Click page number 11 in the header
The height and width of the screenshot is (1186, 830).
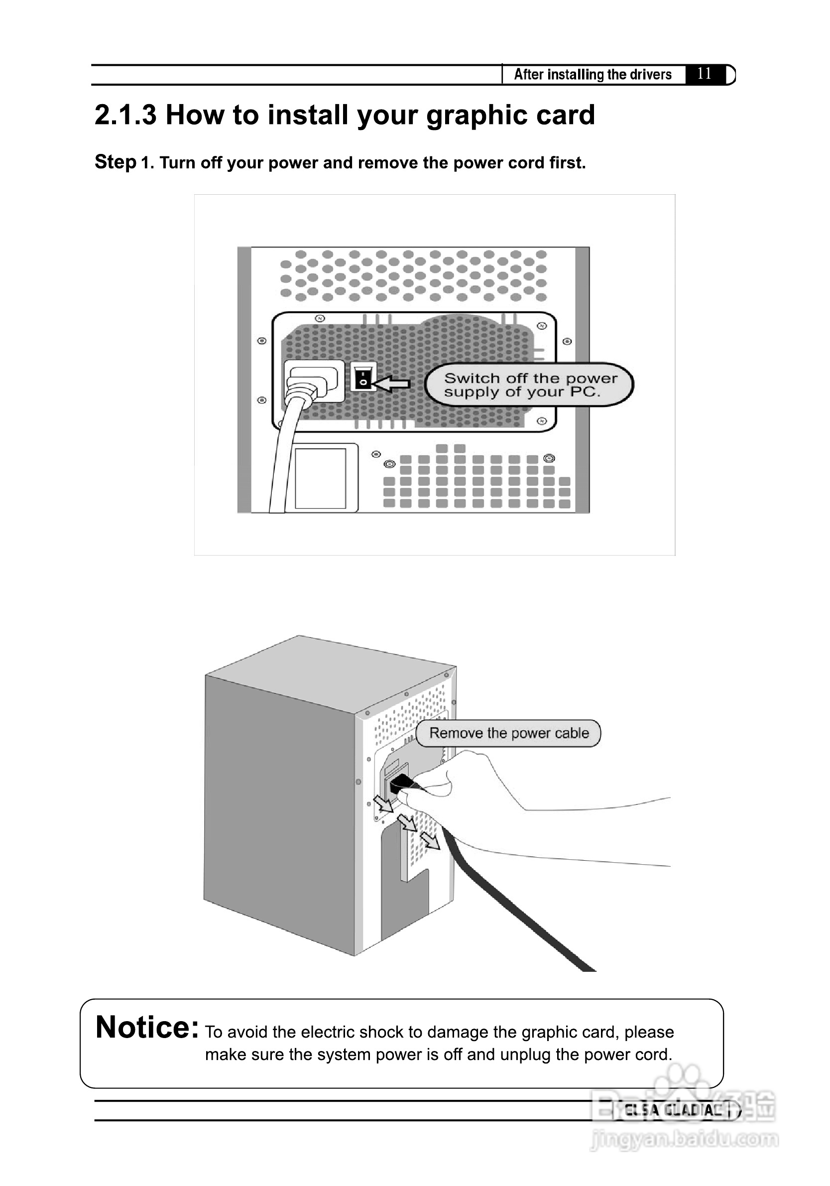pyautogui.click(x=705, y=73)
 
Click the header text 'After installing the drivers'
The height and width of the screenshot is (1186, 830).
pyautogui.click(x=593, y=74)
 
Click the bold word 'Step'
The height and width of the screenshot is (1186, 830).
pyautogui.click(x=116, y=162)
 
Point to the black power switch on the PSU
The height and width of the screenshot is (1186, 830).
pyautogui.click(x=363, y=377)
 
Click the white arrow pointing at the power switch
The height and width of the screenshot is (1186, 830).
pyautogui.click(x=391, y=383)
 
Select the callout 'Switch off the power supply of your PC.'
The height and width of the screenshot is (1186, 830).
pyautogui.click(x=529, y=385)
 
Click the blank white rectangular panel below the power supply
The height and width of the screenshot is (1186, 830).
pyautogui.click(x=320, y=478)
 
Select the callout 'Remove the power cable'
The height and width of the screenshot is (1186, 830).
pyautogui.click(x=508, y=733)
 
